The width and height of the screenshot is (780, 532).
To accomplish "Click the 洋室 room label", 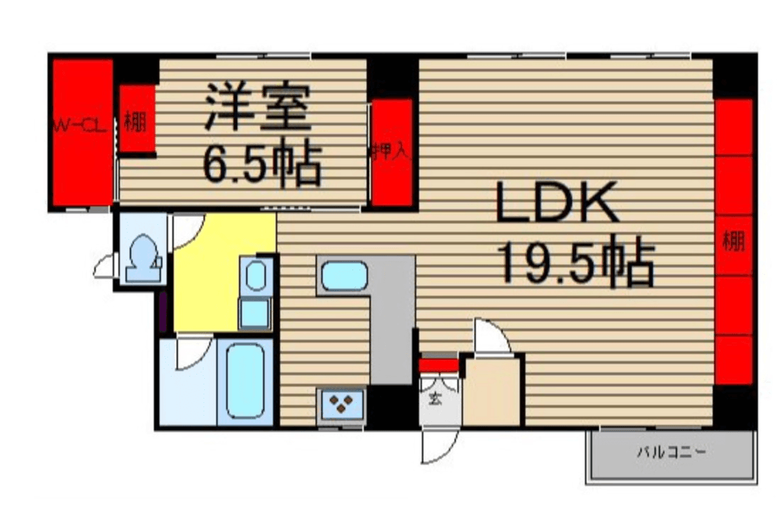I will (x=257, y=108).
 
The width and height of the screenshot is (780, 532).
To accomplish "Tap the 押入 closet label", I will (x=391, y=152).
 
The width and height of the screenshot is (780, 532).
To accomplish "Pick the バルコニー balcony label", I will (x=671, y=452).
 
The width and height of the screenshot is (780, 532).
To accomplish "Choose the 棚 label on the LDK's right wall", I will (x=733, y=241).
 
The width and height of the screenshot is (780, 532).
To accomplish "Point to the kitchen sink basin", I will (x=344, y=276).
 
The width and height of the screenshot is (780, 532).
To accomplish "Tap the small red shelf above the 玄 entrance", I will (x=439, y=365).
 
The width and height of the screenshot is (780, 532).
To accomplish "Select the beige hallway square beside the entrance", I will (x=493, y=394).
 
